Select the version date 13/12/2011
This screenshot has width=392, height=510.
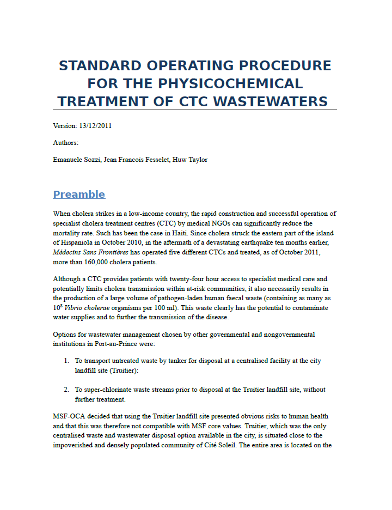tap(96, 126)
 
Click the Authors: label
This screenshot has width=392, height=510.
tap(66, 143)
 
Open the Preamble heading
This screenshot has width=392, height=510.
tap(79, 195)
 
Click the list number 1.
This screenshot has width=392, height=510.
tap(65, 361)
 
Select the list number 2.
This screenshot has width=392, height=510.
tap(65, 390)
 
